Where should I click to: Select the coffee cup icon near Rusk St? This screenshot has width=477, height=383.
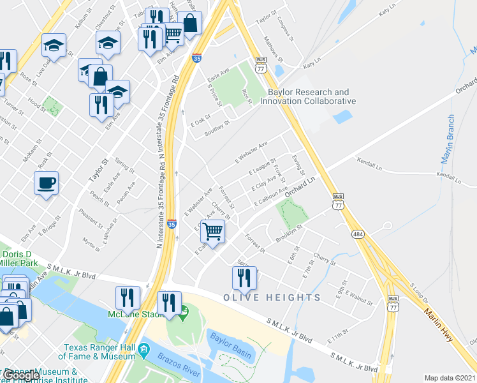[46, 184]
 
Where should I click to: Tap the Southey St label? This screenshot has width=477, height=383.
[217, 128]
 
